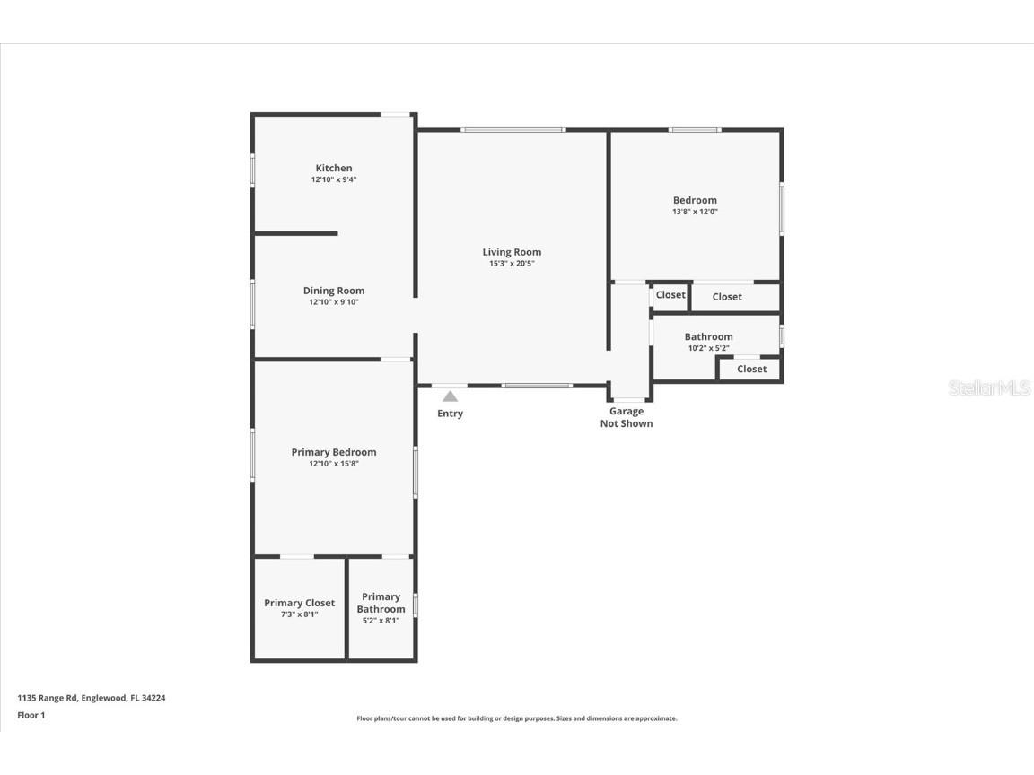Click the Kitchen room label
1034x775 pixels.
[x=334, y=168]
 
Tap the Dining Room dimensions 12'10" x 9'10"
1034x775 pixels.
[x=334, y=302]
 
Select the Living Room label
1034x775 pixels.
[x=512, y=252]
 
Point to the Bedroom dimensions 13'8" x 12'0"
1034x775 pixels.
[x=696, y=212]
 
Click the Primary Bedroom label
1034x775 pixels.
[x=334, y=452]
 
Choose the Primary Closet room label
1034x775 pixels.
[x=299, y=603]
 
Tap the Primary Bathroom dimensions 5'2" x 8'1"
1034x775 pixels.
[x=381, y=621]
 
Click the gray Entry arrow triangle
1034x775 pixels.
[x=450, y=396]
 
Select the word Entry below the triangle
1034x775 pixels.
[x=450, y=414]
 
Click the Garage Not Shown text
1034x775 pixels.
[x=627, y=417]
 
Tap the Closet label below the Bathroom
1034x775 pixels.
[x=751, y=369]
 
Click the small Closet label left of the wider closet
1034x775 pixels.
[x=670, y=295]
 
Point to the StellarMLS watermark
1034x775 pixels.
[x=988, y=388]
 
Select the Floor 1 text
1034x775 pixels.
[x=31, y=715]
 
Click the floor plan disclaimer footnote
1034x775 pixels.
[x=517, y=718]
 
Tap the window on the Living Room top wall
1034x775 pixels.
[x=513, y=130]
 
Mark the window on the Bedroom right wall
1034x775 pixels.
[x=781, y=209]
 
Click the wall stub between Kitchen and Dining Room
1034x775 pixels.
[x=296, y=233]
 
